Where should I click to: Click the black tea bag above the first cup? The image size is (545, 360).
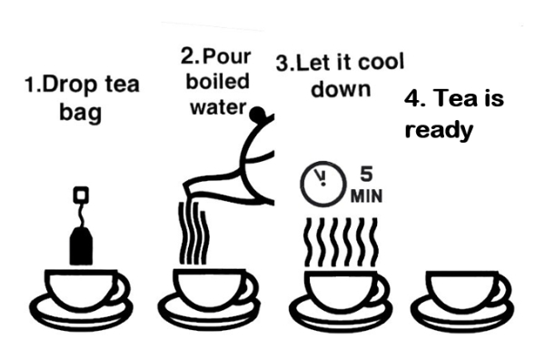point(81,245)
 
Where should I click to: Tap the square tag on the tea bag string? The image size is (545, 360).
point(81,195)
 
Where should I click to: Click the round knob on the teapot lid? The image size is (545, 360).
point(258,114)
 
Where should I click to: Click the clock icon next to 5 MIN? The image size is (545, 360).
point(323,183)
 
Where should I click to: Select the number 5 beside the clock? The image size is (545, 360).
point(366,174)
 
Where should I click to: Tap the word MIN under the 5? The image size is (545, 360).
point(366,195)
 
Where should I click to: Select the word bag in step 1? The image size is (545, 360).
point(81,113)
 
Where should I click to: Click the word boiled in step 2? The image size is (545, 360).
point(218,82)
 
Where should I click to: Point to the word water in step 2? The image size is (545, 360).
point(218,107)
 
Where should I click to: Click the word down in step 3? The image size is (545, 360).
point(341,89)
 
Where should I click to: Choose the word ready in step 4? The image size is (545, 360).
point(439,131)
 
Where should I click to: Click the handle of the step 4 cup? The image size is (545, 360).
point(503,290)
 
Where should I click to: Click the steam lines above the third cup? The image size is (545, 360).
point(341,243)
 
